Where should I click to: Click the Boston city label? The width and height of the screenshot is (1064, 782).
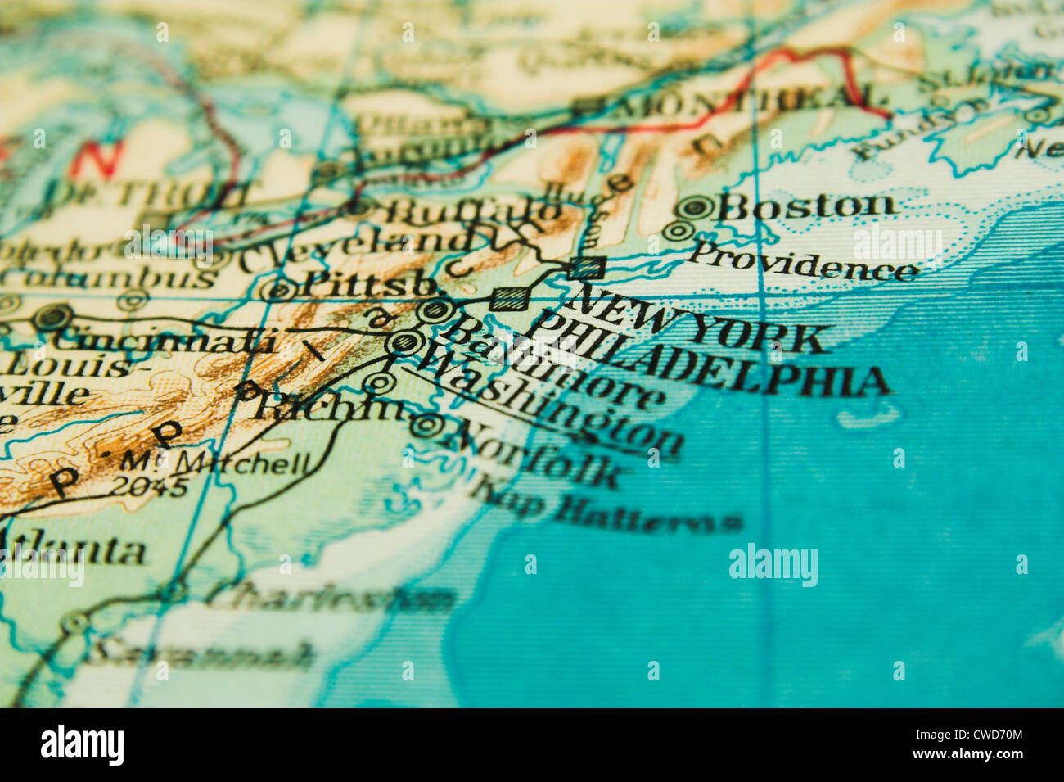805,206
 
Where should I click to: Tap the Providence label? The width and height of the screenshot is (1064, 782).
801,260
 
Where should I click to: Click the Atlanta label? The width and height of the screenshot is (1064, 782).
74,549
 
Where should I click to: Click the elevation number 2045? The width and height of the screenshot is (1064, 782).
148,486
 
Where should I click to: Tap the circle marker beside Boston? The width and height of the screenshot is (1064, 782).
696,207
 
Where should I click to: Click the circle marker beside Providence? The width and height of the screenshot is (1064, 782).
677,231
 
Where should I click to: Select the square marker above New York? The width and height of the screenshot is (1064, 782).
588,268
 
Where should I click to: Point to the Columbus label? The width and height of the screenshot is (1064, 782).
106,278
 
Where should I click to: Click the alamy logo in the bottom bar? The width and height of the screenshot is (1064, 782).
82,744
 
